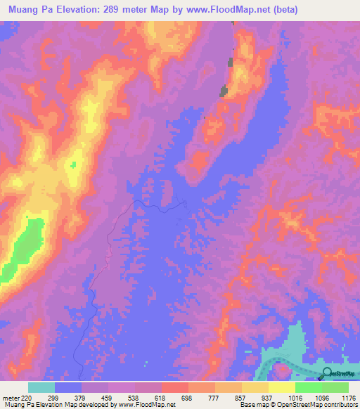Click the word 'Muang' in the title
[21, 9]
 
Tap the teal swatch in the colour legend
[41, 388]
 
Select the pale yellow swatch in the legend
[282, 388]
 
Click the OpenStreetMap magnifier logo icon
[326, 372]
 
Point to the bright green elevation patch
[25, 242]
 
